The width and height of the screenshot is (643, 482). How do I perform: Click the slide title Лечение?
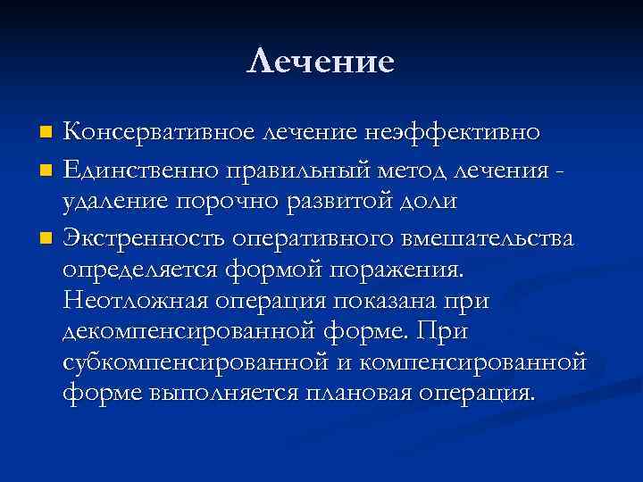[321, 62]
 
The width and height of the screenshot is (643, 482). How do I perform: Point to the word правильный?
[267, 169]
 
